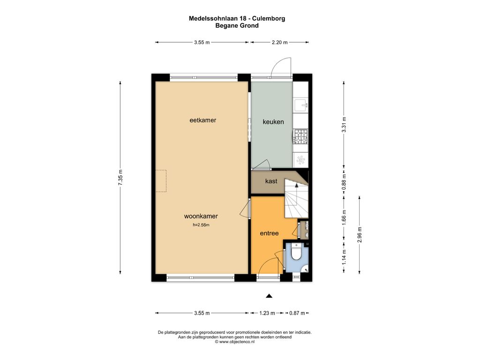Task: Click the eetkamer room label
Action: (x=202, y=120)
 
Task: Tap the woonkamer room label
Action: (x=201, y=216)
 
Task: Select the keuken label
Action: (x=273, y=122)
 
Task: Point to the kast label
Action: (x=271, y=181)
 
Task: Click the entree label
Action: (x=269, y=233)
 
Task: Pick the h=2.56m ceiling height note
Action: (x=201, y=225)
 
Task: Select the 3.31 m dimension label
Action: (x=344, y=125)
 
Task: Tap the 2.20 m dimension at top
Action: (x=279, y=43)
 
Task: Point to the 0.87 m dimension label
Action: (x=297, y=313)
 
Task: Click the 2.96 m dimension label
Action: (x=360, y=234)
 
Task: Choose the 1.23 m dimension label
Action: (x=267, y=313)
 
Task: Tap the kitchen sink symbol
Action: (x=300, y=105)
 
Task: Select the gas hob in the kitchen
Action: (x=300, y=136)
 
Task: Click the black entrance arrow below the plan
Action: (x=269, y=296)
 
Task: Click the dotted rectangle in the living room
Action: (x=161, y=181)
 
